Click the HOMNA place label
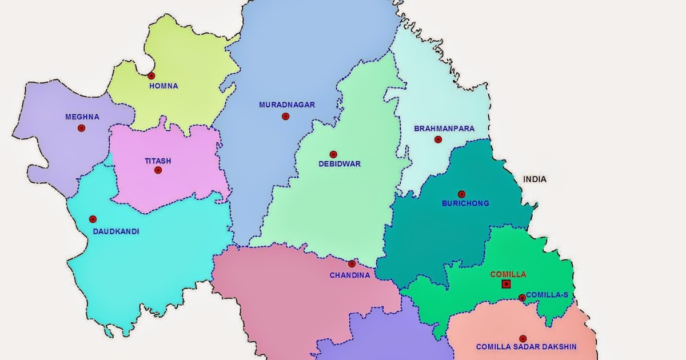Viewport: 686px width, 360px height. click(x=163, y=86)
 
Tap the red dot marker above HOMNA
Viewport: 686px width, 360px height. click(x=151, y=75)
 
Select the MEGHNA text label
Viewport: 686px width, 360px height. click(x=82, y=117)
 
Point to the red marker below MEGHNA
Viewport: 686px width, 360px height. click(x=82, y=128)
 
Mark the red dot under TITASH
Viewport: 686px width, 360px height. click(x=158, y=170)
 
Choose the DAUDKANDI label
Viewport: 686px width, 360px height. click(x=116, y=231)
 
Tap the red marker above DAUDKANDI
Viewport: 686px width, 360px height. click(x=93, y=219)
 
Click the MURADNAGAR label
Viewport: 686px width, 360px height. click(x=287, y=105)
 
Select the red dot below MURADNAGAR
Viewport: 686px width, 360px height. click(x=285, y=117)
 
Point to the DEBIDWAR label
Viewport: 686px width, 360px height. click(x=340, y=164)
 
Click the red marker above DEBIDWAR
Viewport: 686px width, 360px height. click(x=333, y=154)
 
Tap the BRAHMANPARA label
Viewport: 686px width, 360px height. click(x=444, y=129)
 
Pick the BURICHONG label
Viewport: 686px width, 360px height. click(x=465, y=203)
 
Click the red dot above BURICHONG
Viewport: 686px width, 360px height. click(x=461, y=194)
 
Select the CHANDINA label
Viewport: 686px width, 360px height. click(x=350, y=275)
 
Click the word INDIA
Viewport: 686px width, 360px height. click(x=535, y=179)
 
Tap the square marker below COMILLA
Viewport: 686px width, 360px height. click(x=506, y=284)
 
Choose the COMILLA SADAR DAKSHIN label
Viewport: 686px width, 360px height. click(x=527, y=347)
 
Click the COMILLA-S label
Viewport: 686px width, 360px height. click(x=547, y=295)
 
